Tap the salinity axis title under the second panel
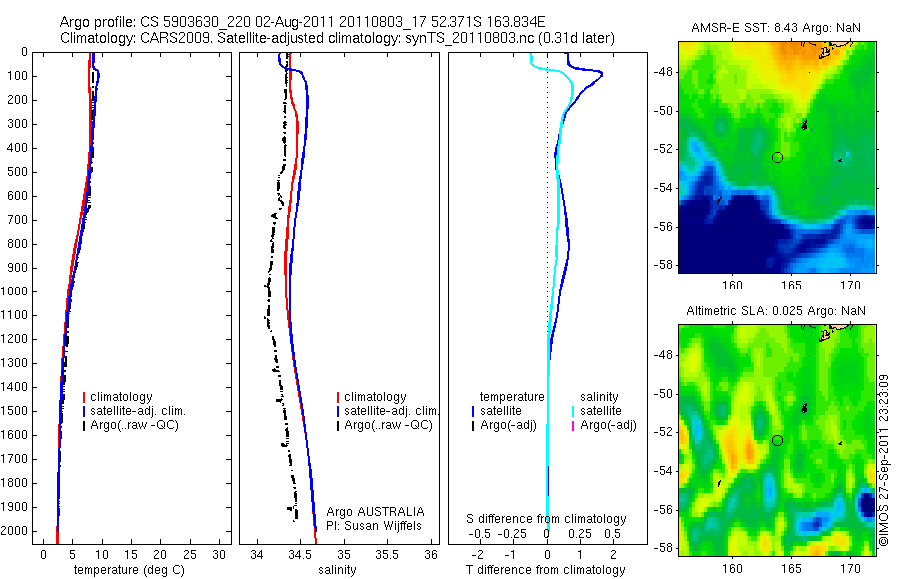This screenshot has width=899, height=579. pyautogui.click(x=339, y=570)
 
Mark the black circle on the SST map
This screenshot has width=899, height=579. pyautogui.click(x=777, y=157)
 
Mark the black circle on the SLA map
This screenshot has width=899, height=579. pyautogui.click(x=777, y=440)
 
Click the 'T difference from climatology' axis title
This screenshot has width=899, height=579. pyautogui.click(x=546, y=570)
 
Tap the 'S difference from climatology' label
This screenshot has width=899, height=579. pyautogui.click(x=547, y=519)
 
